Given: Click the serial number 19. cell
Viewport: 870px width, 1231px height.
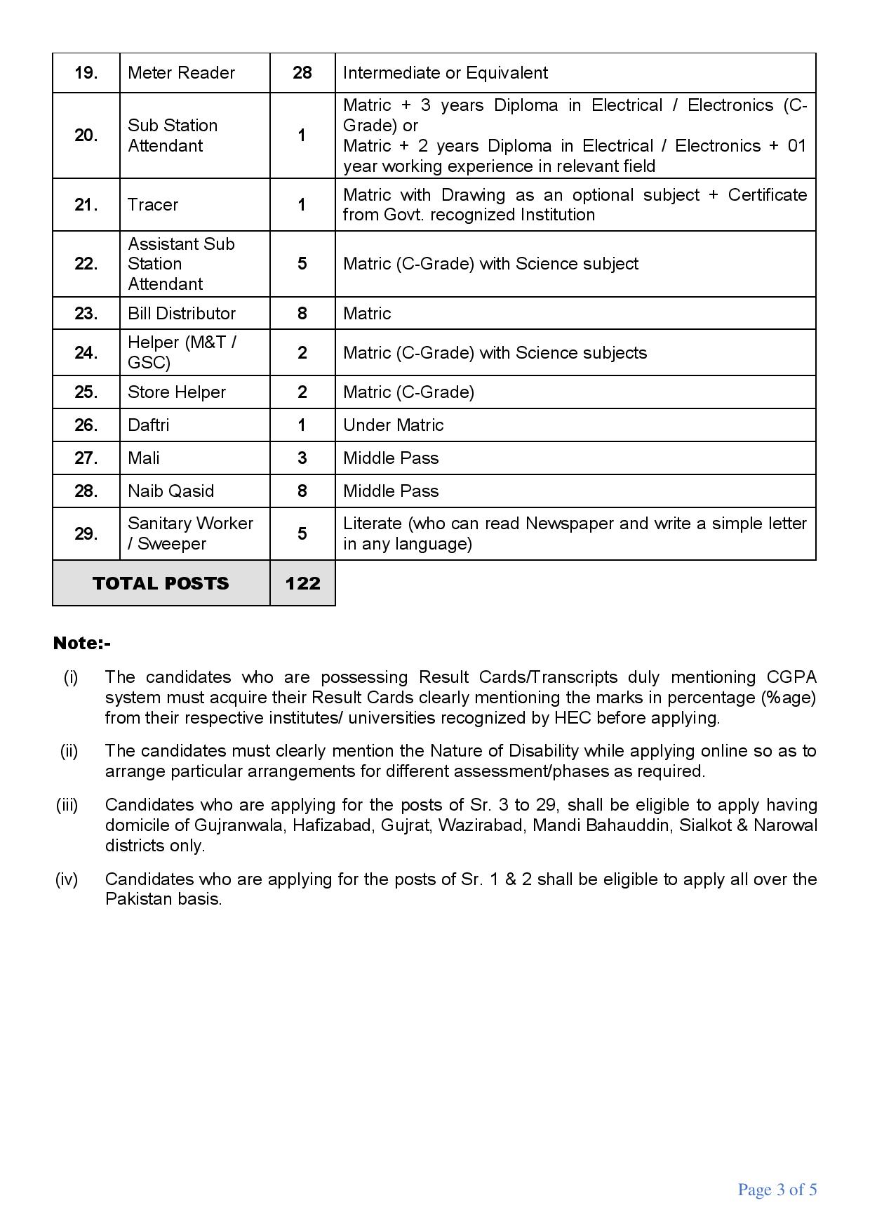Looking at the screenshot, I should pos(86,73).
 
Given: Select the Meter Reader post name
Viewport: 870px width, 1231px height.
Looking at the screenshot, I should pos(181,73).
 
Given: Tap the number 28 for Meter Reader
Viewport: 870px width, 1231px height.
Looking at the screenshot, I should pos(302,73).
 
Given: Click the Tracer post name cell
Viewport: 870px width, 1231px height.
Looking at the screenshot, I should pos(153,205).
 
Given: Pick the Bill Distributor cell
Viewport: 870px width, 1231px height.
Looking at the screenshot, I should pos(182,314).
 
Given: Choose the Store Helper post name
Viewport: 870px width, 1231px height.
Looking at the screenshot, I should pos(177,392).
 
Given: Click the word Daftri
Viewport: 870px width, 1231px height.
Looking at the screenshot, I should pos(149,425).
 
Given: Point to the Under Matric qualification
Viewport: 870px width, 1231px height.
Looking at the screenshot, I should pos(393,425).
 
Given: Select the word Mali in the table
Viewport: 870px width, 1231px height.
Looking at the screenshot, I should pos(144,458).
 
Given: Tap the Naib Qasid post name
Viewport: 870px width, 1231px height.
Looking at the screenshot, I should pos(170,491).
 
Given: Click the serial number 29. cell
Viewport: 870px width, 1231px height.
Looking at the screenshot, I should pos(86,534).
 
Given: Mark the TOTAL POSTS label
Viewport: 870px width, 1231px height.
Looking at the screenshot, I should pos(161,584).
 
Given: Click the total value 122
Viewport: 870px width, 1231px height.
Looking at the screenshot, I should pos(302,584).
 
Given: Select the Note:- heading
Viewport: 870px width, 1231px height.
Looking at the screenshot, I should pos(81,644).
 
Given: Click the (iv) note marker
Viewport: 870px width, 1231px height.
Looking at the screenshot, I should pos(67,879).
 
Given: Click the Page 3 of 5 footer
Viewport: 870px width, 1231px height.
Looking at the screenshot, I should pos(777,1190).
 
